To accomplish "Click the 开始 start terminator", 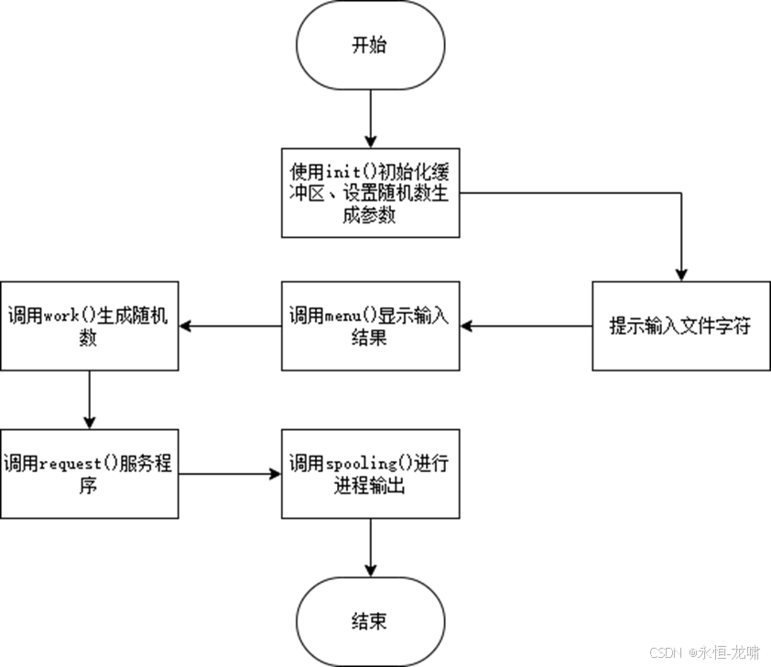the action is (x=370, y=46).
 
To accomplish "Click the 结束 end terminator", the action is (x=370, y=621).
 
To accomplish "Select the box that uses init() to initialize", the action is (x=370, y=193).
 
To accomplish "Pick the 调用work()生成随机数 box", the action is (x=89, y=326).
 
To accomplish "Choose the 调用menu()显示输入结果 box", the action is (x=370, y=326).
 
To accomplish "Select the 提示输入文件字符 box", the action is (x=680, y=326).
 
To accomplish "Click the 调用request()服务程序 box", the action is (x=89, y=473).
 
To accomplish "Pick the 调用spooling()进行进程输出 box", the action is (x=370, y=473).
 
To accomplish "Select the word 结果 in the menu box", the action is (x=370, y=338).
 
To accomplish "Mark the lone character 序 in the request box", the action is (x=88, y=485).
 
